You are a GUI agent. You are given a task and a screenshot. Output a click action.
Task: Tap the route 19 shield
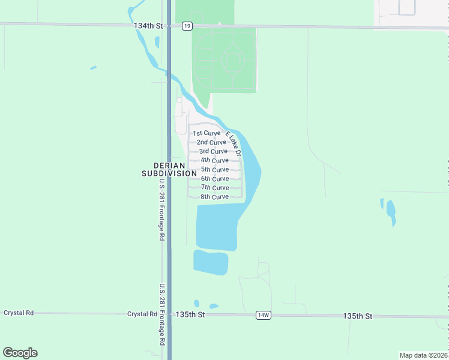(187, 26)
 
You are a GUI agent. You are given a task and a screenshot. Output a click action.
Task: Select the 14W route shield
(263, 315)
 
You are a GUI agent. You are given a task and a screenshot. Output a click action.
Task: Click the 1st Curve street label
(206, 133)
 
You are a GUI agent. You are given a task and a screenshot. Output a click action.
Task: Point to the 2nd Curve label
(211, 142)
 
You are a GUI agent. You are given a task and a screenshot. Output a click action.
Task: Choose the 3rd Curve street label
(213, 151)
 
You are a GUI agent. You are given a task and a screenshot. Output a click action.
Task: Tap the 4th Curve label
(214, 160)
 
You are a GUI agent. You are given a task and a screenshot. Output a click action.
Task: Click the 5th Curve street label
(214, 169)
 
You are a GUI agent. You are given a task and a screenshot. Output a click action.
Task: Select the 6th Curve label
(214, 179)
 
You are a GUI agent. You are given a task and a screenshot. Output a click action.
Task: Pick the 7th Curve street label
(214, 188)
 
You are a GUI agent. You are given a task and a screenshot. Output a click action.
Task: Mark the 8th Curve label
(214, 197)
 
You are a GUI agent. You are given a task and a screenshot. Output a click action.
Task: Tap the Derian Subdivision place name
(169, 169)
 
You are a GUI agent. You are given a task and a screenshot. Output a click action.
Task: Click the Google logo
(20, 353)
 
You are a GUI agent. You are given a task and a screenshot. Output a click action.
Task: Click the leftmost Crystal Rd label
(18, 313)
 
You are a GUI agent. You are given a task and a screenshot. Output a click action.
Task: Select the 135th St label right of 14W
(358, 316)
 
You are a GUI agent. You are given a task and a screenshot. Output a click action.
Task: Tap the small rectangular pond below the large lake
(211, 262)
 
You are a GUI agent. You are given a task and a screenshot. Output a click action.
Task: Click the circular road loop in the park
(232, 61)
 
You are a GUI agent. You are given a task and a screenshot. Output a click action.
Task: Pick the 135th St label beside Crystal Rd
(190, 314)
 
